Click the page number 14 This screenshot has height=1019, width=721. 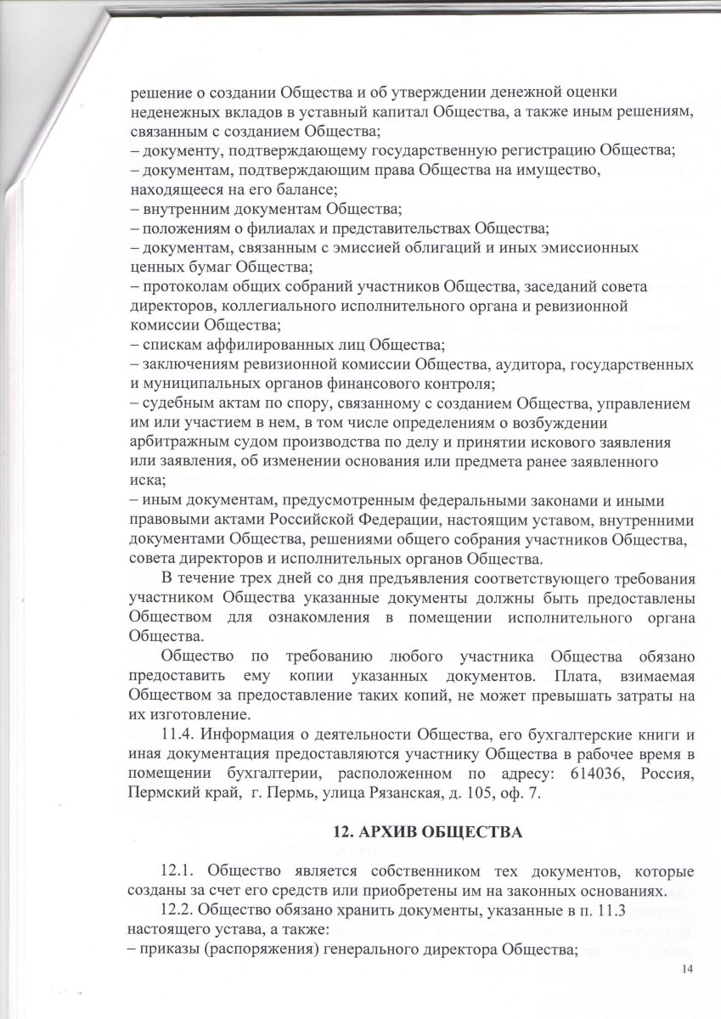click(687, 971)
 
